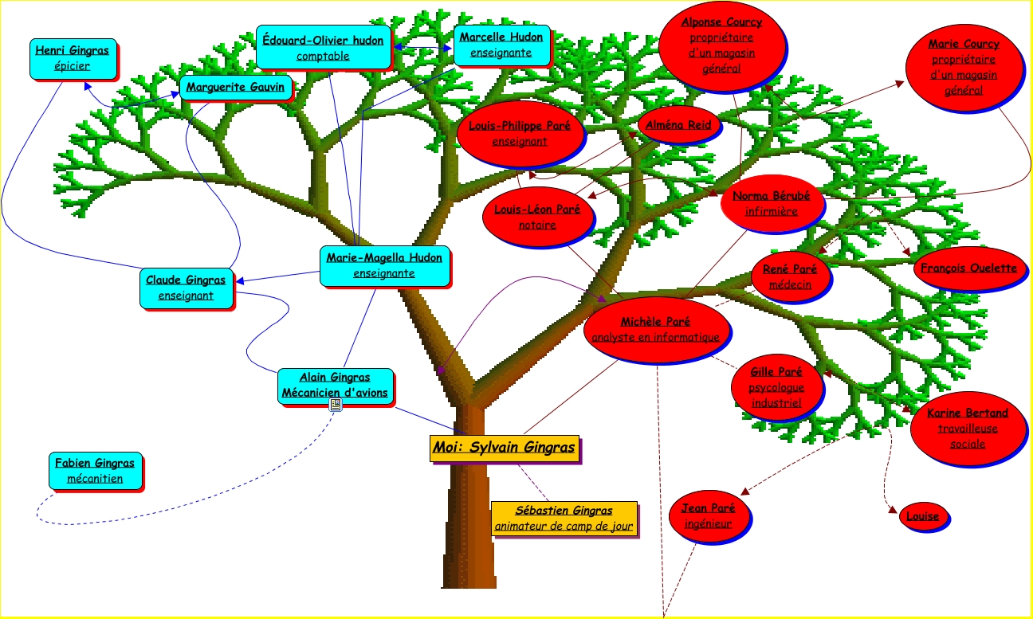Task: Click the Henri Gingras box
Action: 73,58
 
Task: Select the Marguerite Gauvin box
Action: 235,87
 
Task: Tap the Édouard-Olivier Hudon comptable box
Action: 323,47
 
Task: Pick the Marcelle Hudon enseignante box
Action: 501,45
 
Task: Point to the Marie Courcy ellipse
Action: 964,67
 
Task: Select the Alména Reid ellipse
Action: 679,124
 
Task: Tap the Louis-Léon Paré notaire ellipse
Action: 537,217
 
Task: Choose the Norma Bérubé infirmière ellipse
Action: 771,203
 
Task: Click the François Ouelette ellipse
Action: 968,268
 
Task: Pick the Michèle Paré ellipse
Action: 655,329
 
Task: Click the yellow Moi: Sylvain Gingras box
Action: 503,448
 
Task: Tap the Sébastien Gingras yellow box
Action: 564,519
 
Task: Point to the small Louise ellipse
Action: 922,516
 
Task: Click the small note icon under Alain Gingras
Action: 336,405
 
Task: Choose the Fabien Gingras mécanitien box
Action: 95,470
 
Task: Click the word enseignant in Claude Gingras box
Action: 186,296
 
